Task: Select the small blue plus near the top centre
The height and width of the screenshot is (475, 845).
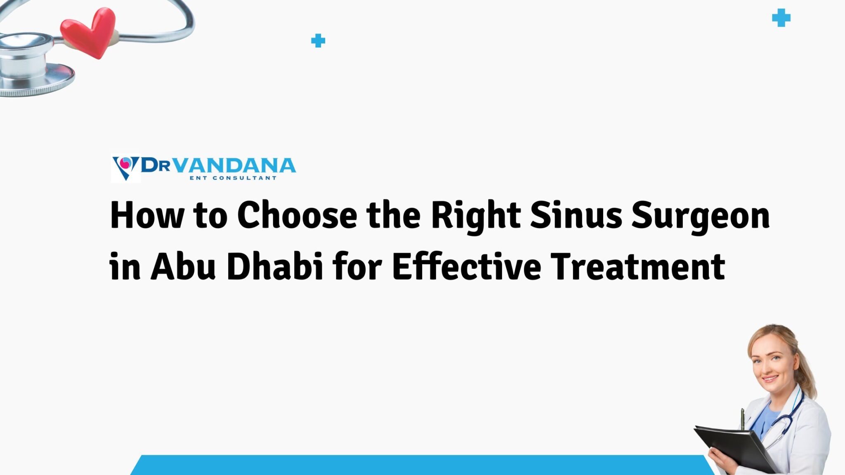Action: coord(318,40)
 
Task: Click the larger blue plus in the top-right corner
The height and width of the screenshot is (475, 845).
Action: coord(781,18)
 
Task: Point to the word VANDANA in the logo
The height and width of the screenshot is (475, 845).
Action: coord(234,165)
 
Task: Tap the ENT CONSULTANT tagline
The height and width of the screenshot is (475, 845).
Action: coord(233,178)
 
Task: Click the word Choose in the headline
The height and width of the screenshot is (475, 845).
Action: coord(297,215)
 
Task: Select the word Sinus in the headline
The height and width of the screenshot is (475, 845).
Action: coord(576,215)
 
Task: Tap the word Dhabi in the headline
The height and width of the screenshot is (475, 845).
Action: coord(275,266)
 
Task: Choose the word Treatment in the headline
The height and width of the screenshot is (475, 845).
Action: coord(638,266)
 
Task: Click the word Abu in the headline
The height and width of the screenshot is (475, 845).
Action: coord(183,266)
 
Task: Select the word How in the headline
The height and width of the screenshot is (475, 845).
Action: coord(147,215)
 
